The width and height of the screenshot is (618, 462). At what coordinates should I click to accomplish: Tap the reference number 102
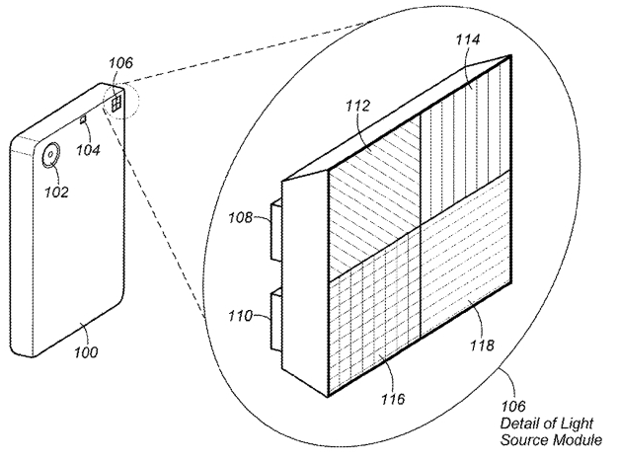coord(56,192)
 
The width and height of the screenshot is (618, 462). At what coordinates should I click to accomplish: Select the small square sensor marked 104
coord(83,119)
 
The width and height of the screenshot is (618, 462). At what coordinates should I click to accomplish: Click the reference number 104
coord(88,150)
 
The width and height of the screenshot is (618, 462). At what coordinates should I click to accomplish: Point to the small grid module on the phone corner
coord(116,104)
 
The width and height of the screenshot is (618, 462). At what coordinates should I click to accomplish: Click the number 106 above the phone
coord(120,62)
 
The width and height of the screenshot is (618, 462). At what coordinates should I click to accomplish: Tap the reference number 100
coord(86,351)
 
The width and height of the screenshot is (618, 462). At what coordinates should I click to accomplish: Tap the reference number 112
coord(358,106)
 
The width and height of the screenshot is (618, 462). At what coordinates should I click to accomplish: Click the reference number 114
coord(468,39)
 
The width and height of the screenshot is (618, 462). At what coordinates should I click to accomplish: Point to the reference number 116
coord(393,399)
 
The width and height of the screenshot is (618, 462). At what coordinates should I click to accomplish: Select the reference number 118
coord(482,346)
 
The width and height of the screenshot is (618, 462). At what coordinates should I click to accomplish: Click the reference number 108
coord(240,217)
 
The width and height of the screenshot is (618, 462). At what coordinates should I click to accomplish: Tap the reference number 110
coord(240,315)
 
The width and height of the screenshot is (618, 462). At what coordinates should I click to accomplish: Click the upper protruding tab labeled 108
coord(275,229)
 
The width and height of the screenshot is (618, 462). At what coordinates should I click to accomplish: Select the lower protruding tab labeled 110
coord(275,319)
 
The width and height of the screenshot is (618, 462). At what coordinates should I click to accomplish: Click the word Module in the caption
coord(577,439)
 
